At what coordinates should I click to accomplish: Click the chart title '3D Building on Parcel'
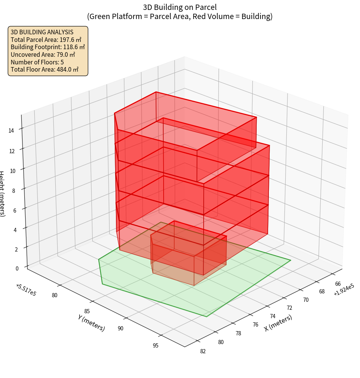tap(180, 7)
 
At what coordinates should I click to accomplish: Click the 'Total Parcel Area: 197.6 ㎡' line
tap(46, 40)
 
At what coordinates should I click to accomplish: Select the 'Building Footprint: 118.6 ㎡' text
tap(48, 47)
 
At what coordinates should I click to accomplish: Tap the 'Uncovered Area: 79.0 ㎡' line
tap(43, 54)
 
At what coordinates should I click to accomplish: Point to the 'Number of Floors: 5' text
tap(37, 62)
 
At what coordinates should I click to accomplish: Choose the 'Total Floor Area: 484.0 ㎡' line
tap(45, 69)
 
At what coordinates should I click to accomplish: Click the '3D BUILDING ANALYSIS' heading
tap(42, 32)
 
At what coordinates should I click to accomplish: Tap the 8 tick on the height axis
tap(14, 189)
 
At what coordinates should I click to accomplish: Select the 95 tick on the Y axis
tap(156, 346)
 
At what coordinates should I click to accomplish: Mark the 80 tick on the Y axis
tap(55, 295)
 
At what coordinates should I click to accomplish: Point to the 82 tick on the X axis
tap(202, 351)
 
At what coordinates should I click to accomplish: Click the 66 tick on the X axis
tap(338, 284)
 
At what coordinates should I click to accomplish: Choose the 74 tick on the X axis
tap(272, 316)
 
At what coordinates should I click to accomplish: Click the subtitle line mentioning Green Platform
tap(180, 16)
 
